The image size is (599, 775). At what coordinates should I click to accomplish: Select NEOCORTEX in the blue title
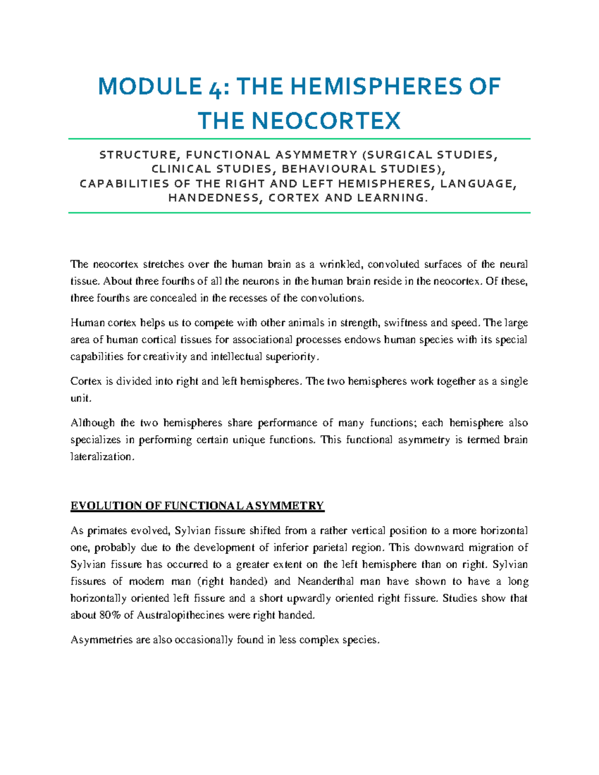326,121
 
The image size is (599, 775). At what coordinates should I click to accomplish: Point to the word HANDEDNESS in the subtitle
214,198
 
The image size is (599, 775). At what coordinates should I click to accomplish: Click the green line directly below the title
299,139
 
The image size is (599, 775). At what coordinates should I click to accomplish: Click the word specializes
95,440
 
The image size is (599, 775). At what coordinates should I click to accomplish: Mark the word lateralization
102,457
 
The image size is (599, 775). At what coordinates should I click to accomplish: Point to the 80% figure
110,615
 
